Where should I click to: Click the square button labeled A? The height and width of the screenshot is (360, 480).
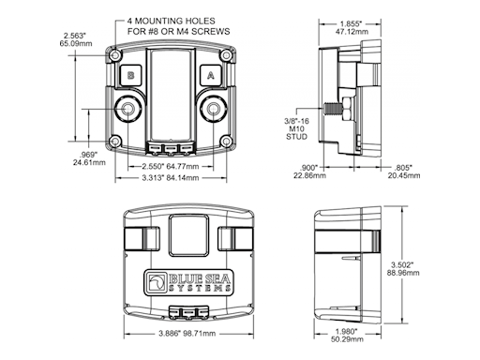[x=211, y=76]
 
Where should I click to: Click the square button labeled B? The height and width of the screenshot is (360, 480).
[x=131, y=76]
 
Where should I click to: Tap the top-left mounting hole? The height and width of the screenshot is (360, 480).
[x=115, y=55]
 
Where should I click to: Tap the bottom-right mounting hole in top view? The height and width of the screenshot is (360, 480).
[x=226, y=142]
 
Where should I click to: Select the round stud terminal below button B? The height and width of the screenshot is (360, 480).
[x=127, y=109]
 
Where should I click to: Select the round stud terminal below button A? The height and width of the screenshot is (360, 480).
[x=214, y=109]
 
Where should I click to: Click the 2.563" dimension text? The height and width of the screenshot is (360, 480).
[x=74, y=35]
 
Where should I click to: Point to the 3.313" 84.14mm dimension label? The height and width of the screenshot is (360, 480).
[x=171, y=178]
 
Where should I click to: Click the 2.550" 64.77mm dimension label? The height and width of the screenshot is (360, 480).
[x=171, y=166]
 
